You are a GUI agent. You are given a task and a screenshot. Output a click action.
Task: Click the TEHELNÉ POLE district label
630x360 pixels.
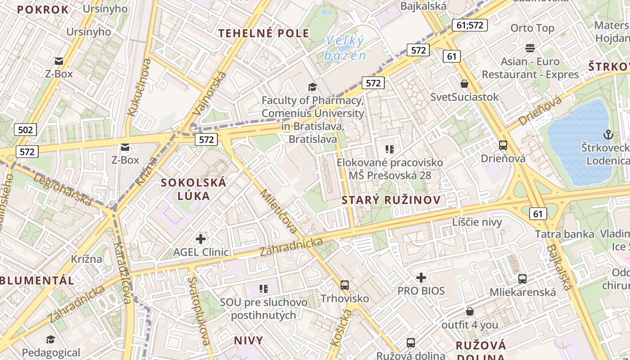(264, 33)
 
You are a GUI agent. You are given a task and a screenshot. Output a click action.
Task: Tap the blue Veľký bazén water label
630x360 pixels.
(345, 48)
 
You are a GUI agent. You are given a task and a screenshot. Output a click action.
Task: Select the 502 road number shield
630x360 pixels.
(25, 130)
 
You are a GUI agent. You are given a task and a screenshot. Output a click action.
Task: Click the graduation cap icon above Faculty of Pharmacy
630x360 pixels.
(312, 87)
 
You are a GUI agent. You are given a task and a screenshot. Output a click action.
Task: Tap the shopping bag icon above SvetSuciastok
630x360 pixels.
(464, 84)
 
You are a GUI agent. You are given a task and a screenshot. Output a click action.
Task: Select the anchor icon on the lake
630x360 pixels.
(608, 134)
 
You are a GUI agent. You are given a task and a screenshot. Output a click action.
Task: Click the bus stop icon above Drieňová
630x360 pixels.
(503, 145)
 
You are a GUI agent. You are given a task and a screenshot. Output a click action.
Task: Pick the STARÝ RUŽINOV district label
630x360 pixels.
(391, 200)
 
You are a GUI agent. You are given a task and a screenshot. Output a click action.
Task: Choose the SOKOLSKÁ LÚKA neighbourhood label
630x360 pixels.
(193, 189)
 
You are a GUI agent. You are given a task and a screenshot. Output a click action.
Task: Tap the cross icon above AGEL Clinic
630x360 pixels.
(201, 238)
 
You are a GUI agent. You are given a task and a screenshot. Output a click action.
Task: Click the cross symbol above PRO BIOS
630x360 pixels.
(421, 278)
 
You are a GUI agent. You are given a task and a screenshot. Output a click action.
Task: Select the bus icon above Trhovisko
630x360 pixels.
(345, 285)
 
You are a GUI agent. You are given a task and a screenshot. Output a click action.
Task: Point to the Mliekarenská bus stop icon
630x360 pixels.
(522, 279)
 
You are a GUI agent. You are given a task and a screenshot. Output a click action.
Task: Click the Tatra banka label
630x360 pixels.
(564, 234)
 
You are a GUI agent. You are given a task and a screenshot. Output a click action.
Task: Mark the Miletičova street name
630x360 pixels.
(279, 211)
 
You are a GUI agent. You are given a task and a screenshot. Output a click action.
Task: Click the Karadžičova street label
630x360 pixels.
(122, 273)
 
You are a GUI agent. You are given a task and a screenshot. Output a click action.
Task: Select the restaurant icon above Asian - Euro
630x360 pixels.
(530, 48)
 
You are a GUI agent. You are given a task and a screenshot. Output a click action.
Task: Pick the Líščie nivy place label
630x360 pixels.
(477, 222)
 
